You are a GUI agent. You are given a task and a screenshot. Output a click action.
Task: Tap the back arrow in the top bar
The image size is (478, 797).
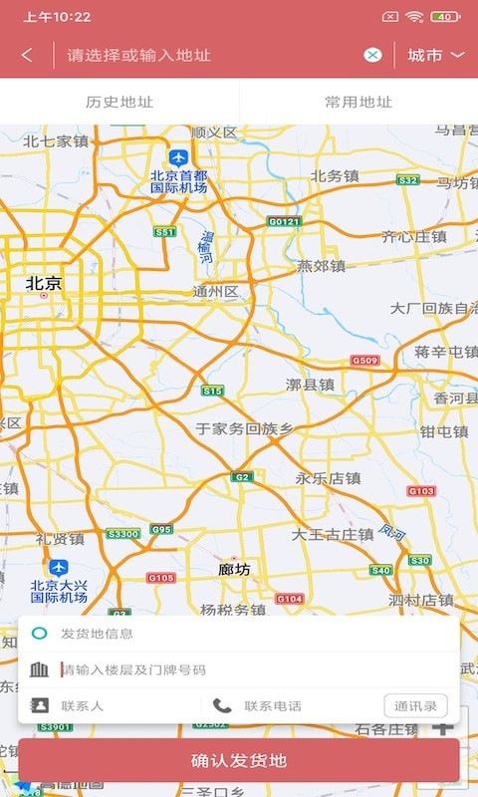(27, 55)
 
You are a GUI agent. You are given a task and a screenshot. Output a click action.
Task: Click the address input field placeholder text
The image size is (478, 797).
(139, 55)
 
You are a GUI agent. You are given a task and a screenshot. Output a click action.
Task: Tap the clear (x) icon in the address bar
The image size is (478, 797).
(372, 55)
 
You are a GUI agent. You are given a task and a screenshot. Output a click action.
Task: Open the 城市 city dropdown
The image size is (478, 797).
(436, 55)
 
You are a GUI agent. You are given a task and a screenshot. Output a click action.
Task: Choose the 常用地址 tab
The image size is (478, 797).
(358, 102)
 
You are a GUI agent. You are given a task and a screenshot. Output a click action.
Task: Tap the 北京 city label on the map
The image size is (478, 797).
(44, 284)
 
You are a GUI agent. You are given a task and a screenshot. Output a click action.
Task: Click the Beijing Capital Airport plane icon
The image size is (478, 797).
(178, 157)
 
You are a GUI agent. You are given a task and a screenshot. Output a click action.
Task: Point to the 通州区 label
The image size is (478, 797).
(216, 292)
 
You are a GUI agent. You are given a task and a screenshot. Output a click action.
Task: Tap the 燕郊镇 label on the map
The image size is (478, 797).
(321, 266)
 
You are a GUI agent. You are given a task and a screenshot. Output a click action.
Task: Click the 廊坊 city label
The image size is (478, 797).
(234, 570)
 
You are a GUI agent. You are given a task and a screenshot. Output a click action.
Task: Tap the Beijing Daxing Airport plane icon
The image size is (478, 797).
(59, 567)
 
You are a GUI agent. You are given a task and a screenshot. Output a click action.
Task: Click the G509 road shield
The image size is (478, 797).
(365, 360)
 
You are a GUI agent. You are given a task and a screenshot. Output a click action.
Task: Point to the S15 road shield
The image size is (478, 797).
(212, 392)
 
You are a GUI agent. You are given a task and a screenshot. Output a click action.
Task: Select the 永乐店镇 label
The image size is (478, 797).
(328, 478)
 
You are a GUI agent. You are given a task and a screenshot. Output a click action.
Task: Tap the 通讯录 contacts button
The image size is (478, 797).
(415, 706)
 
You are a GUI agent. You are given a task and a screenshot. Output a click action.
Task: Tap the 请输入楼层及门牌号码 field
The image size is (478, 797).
(134, 670)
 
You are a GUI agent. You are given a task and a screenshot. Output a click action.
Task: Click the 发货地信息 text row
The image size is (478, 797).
(98, 634)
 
